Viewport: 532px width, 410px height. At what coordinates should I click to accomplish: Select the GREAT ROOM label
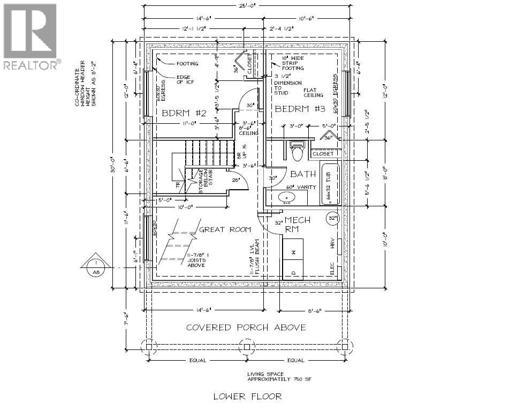(224, 229)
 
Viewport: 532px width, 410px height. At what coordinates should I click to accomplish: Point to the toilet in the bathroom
(298, 150)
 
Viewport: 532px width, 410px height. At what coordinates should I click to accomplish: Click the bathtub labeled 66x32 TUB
(330, 184)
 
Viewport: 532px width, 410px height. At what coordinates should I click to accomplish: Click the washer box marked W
(293, 251)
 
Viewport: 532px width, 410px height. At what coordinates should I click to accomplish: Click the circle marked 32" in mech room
(333, 218)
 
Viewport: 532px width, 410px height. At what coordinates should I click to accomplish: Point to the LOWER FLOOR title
(247, 397)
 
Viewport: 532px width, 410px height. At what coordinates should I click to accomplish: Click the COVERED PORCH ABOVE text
(246, 327)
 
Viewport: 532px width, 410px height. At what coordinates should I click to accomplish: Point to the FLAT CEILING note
(313, 93)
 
